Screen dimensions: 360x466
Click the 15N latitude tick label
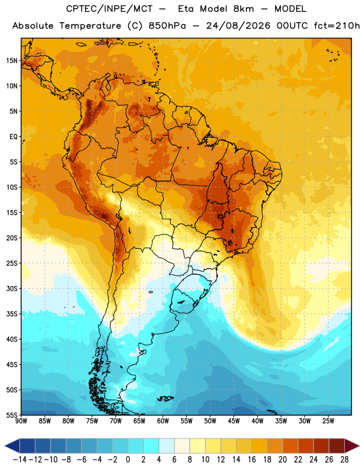coord(12,61)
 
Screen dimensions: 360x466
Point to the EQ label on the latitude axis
coord(13,137)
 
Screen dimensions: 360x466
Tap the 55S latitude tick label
coord(12,415)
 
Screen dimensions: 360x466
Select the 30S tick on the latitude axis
coord(12,288)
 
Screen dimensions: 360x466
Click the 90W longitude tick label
coord(21,421)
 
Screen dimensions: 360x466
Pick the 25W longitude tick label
coord(328,421)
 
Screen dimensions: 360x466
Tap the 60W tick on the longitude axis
coord(163,421)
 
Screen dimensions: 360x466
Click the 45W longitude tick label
coord(234,421)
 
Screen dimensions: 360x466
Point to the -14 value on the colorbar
coord(20,460)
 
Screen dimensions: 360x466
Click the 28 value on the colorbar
coord(344,460)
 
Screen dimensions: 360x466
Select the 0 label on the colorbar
coord(128,460)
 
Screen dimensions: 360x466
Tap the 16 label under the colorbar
coord(252,460)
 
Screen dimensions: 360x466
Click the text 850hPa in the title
coord(167,26)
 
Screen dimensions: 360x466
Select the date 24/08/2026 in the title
coord(238,26)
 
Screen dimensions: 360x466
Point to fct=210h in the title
coord(337,26)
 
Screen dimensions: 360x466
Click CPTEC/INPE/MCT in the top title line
coord(109,9)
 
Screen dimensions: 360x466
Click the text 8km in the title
coord(243,9)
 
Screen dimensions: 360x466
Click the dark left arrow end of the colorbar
coord(12,446)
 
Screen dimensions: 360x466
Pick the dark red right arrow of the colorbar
coord(352,446)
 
